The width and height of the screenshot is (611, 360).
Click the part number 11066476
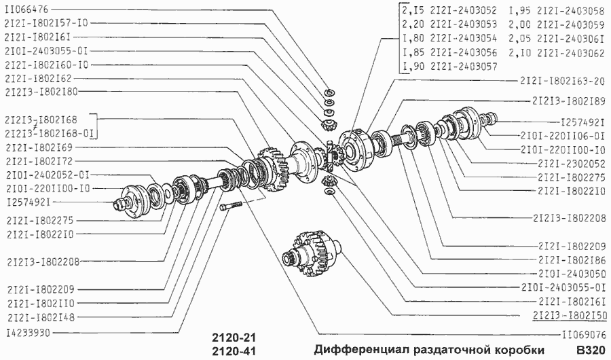26,10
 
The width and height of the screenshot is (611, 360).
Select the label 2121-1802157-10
45,23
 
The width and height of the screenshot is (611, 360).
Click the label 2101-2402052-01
45,174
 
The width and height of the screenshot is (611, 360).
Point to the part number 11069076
582,335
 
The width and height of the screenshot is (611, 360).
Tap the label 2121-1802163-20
563,81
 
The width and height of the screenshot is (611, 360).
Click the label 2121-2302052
570,163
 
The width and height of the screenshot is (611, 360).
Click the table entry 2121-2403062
570,52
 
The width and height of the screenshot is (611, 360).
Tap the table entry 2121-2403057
464,67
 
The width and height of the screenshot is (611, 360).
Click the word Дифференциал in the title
353,350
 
